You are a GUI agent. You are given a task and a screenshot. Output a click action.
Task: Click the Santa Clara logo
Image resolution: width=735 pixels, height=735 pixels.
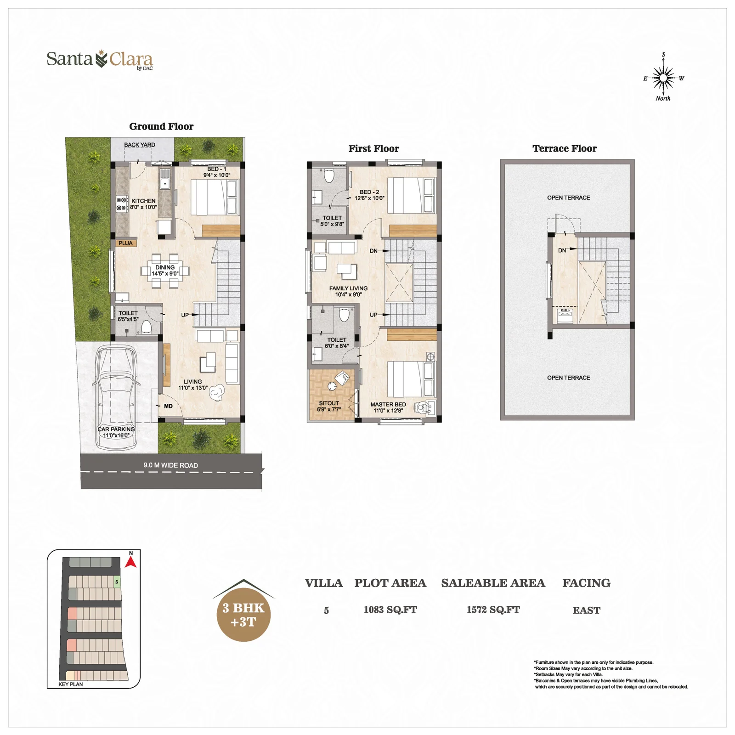point(100,60)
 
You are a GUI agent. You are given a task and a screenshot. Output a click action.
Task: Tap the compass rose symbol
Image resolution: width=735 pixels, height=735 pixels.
point(663,78)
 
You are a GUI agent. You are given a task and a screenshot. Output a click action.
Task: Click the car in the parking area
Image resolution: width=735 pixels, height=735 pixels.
point(116,395)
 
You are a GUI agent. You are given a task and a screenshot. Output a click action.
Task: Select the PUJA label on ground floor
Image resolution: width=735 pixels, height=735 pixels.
point(125,243)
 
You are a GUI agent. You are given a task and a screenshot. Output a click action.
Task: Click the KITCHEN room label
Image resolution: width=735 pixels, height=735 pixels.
point(143,201)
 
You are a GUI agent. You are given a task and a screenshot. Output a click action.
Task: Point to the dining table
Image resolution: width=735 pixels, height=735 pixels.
point(165,271)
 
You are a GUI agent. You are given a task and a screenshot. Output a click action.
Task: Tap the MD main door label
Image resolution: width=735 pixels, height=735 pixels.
point(168,406)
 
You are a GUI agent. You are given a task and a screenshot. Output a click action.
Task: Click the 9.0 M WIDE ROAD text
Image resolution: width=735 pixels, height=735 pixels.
point(170,465)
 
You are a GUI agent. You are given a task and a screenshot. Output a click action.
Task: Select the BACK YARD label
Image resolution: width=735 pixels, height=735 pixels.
point(140,145)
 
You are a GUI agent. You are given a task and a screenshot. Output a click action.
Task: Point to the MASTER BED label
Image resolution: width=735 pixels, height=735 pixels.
point(388,405)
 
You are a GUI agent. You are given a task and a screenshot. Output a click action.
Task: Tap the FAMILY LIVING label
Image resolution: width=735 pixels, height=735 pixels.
point(348,288)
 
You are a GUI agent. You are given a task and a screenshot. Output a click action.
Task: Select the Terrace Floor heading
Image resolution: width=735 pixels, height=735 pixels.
point(565,149)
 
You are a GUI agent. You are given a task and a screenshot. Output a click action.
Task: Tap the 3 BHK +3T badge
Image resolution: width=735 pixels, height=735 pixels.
point(244,615)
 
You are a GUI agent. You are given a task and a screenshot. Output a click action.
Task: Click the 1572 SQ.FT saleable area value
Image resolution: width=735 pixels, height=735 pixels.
point(493,610)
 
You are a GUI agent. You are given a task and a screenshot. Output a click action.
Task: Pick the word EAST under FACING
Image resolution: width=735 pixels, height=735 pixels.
point(586,611)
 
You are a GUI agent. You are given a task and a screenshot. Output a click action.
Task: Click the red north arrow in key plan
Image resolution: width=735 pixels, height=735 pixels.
point(131,562)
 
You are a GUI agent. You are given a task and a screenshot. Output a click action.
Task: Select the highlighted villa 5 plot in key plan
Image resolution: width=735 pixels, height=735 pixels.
point(117,582)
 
